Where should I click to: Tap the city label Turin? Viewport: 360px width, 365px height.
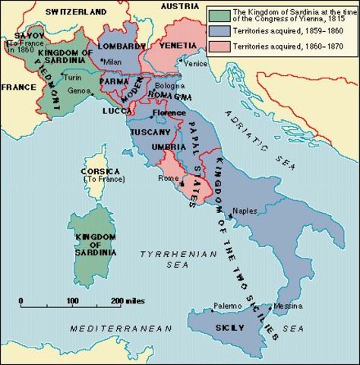coord(73,78)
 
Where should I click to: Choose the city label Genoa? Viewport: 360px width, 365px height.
coord(77,90)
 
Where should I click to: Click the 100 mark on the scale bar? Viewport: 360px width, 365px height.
coord(72,301)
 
